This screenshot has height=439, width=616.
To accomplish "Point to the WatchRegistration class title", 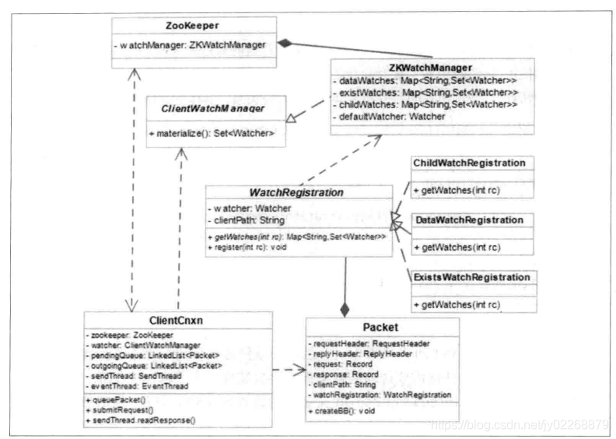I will coord(297,191).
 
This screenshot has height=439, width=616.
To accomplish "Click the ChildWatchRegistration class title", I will coord(469,163).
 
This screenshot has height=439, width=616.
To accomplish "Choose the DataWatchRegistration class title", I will coord(469,220).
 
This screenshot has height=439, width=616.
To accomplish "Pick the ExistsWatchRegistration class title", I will coord(472,277).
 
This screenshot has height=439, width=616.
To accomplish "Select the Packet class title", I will coord(382,329).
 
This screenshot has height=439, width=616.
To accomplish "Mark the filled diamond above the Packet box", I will coord(345,310).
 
